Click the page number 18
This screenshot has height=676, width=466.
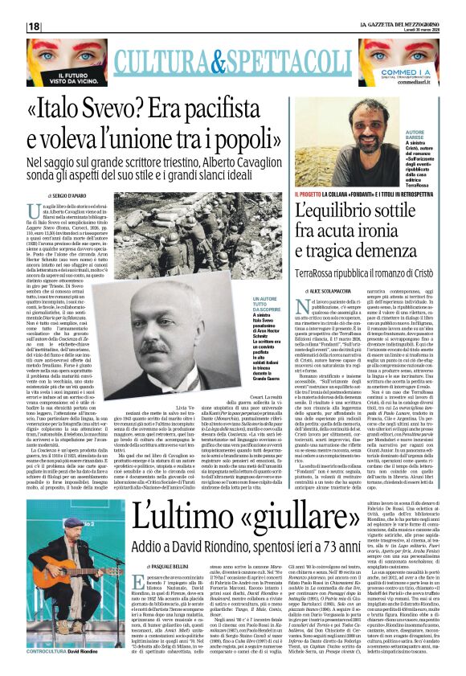(x=34, y=27)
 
